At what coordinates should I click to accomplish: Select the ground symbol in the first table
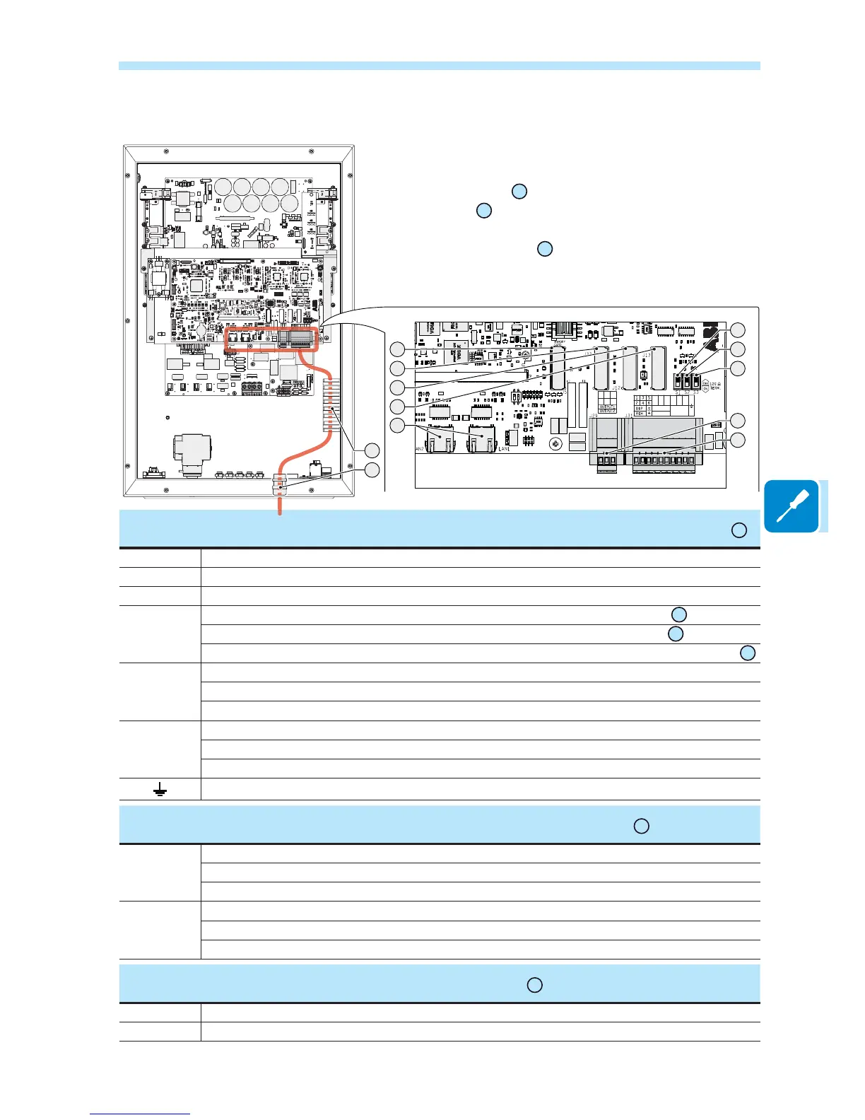point(160,790)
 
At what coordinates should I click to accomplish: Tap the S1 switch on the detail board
point(678,381)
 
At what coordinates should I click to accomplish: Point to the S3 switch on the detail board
point(695,381)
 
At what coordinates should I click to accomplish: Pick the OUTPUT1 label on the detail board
point(607,407)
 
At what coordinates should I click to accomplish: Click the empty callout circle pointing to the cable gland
point(372,470)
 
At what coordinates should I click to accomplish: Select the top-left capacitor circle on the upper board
point(223,187)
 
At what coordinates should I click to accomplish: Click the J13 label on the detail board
point(647,346)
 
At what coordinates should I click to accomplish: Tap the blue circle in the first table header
point(739,530)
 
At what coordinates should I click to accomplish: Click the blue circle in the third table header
point(535,985)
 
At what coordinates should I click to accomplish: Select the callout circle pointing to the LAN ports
point(398,425)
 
